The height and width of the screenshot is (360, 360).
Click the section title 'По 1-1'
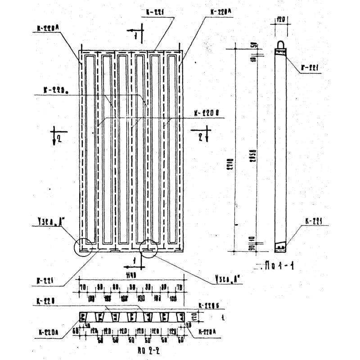pyautogui.click(x=281, y=266)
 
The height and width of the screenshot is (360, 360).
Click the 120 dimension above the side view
pyautogui.click(x=280, y=20)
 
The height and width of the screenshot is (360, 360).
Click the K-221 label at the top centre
pyautogui.click(x=154, y=13)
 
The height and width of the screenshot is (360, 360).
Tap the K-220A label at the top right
pyautogui.click(x=220, y=13)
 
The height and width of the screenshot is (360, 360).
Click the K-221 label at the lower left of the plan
pyautogui.click(x=46, y=281)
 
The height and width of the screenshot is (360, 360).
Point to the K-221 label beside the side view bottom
pyautogui.click(x=315, y=221)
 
